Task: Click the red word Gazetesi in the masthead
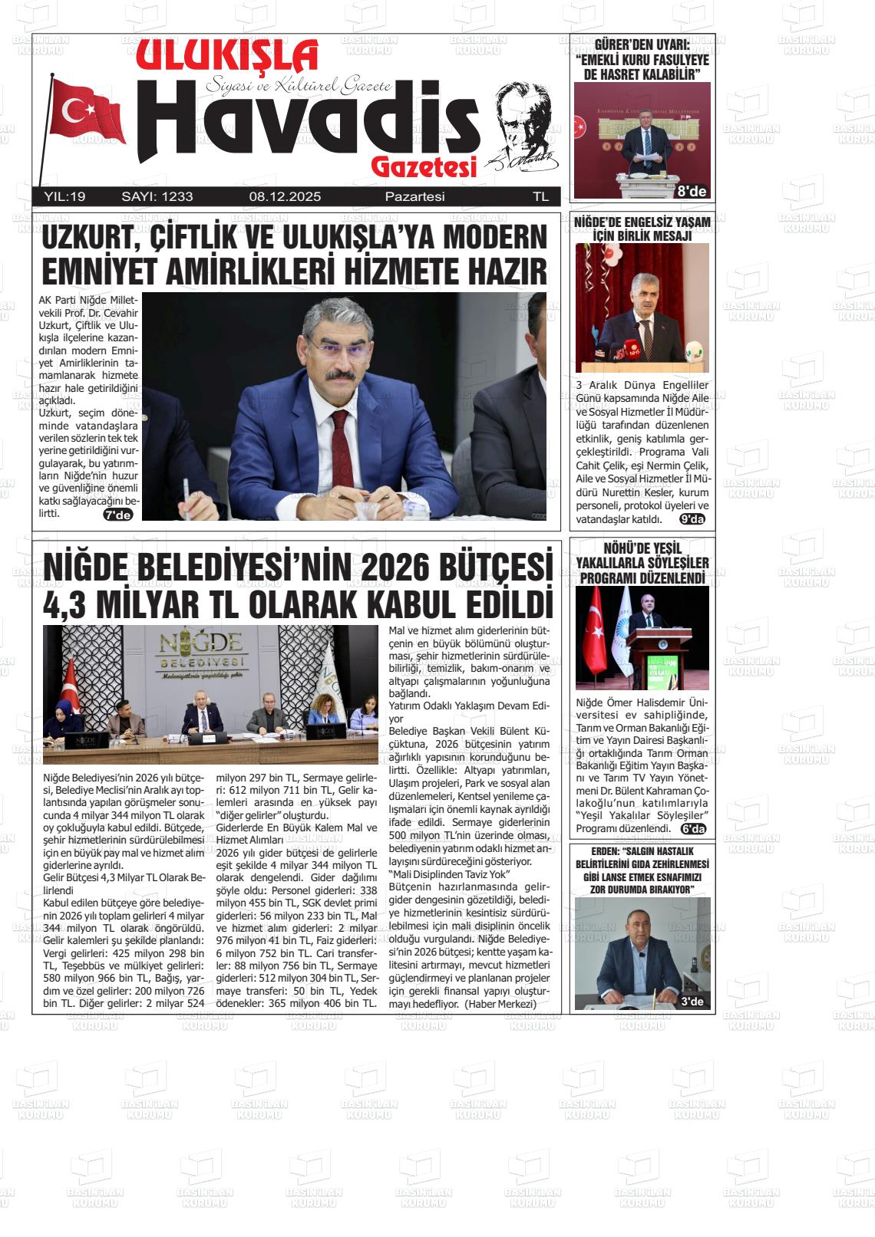click(x=424, y=167)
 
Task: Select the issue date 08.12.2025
click(x=285, y=196)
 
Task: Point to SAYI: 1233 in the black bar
click(x=157, y=196)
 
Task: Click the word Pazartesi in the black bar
click(x=414, y=196)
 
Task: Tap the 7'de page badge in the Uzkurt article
click(x=118, y=515)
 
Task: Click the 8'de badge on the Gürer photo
click(x=692, y=191)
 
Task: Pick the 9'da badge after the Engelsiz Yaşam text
click(x=692, y=519)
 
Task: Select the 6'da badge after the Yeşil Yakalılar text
click(x=693, y=829)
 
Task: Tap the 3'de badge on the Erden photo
click(x=692, y=1002)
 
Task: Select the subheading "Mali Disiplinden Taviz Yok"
click(x=450, y=875)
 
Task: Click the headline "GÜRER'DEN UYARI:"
click(x=642, y=46)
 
